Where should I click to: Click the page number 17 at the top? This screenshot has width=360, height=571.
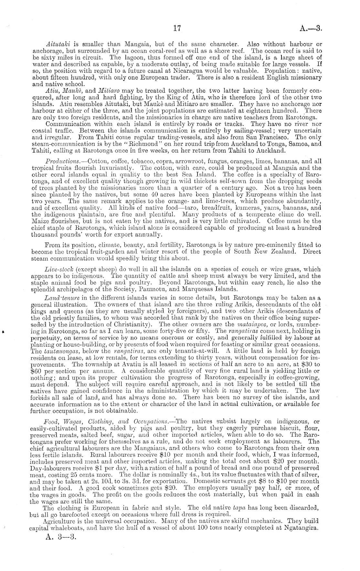click(176, 28)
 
